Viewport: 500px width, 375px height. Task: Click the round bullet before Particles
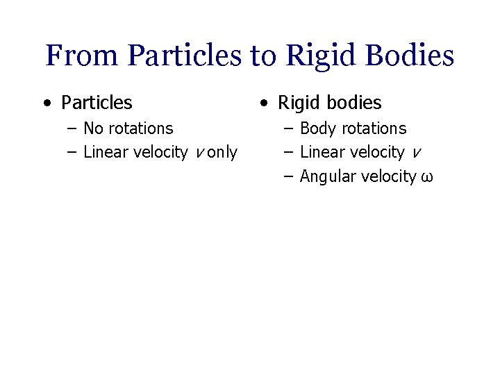point(46,103)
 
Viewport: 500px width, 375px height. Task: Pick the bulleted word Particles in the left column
point(97,103)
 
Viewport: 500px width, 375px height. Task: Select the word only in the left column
point(222,152)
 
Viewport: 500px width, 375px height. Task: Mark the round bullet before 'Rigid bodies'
point(262,103)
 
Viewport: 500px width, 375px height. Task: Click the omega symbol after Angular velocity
point(426,178)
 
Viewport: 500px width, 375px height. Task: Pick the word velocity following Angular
point(389,176)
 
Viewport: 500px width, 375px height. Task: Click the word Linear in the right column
point(322,152)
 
